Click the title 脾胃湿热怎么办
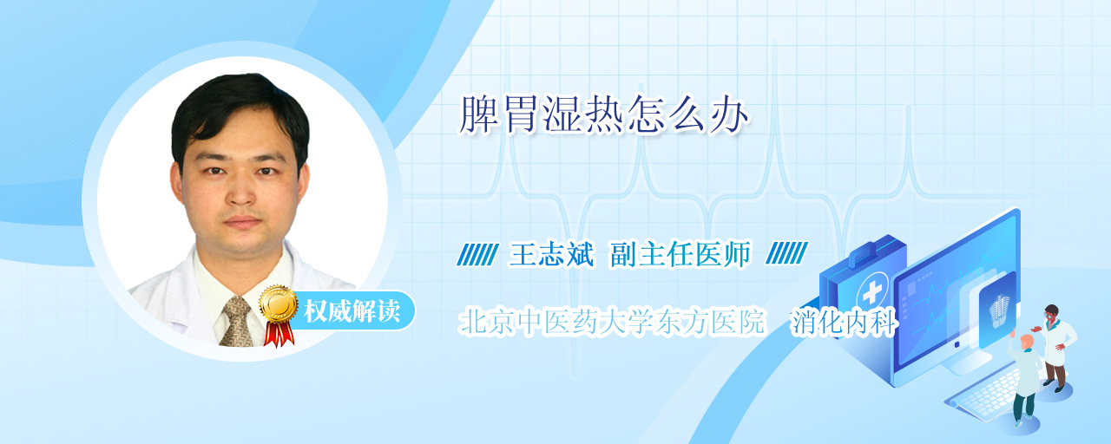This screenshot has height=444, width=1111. [x=603, y=115]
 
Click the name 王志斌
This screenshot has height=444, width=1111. [x=551, y=255]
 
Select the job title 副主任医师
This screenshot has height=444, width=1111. [x=680, y=255]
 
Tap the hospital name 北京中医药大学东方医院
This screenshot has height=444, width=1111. [x=612, y=321]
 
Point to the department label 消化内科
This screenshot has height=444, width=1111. [x=845, y=322]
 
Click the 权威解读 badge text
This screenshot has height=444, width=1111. [x=352, y=311]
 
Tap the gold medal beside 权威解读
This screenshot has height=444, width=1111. [x=279, y=304]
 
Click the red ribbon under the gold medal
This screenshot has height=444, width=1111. [x=279, y=333]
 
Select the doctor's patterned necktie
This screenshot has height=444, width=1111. [x=236, y=321]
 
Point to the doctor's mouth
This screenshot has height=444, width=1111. [x=242, y=221]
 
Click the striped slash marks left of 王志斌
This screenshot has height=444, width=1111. [x=477, y=254]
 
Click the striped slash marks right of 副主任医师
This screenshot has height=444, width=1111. [x=786, y=253]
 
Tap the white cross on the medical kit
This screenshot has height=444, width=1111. [x=872, y=293]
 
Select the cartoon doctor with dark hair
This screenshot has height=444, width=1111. [x=1055, y=347]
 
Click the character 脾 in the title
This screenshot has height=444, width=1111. [x=478, y=115]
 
